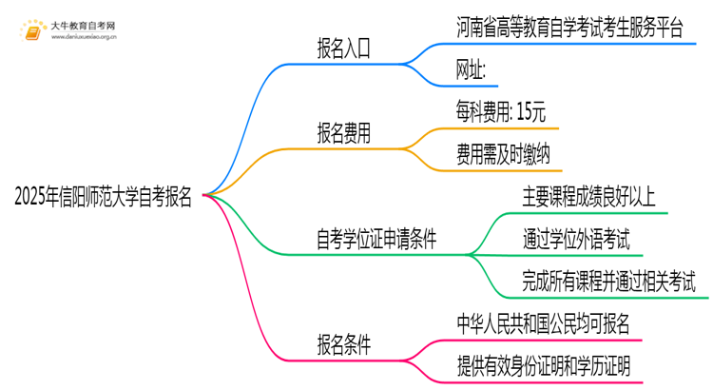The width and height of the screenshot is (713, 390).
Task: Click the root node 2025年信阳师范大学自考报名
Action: point(104,197)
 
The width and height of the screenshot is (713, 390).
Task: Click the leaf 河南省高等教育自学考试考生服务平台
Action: point(568,28)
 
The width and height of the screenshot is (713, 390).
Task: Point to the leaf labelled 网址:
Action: point(472,71)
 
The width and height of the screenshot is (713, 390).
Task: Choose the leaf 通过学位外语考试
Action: point(575,239)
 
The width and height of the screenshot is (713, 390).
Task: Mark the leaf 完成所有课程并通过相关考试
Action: point(608,282)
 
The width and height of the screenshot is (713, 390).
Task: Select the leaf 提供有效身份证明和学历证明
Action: point(544,365)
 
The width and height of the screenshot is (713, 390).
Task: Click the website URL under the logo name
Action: point(84,39)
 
